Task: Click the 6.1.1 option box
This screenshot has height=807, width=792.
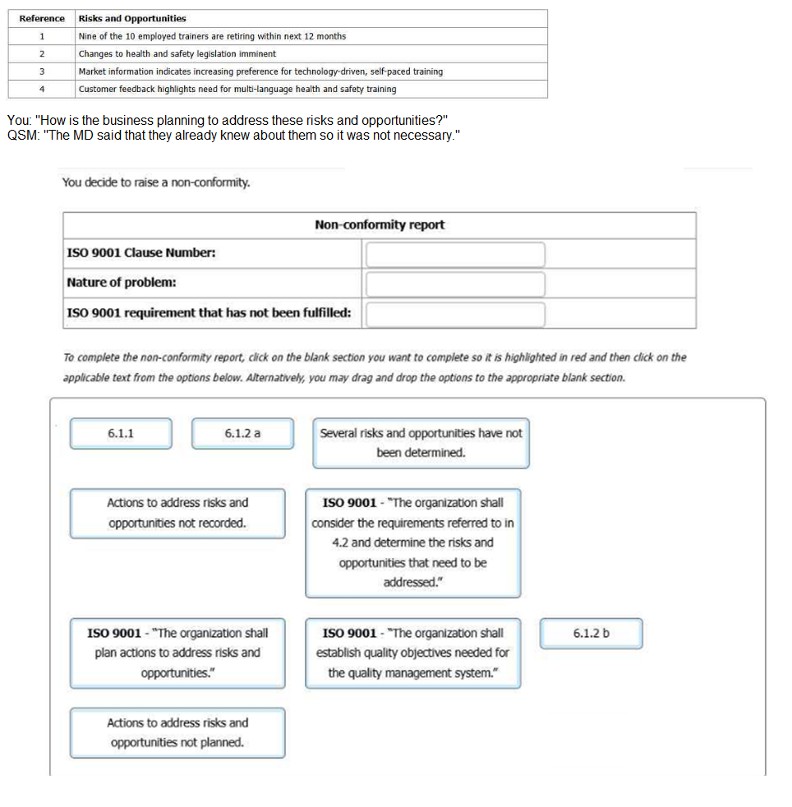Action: (121, 433)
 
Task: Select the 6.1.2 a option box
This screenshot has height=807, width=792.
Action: (242, 433)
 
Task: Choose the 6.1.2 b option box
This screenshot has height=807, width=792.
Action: (592, 634)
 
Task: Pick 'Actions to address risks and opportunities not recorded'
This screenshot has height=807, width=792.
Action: (177, 513)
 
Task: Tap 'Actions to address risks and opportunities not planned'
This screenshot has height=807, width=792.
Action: (177, 732)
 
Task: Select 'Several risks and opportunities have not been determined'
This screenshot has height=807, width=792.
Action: (421, 443)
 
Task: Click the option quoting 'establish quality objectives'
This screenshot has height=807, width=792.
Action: (413, 653)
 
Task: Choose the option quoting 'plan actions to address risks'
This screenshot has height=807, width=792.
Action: (177, 653)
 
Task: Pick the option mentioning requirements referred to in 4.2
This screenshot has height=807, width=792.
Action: (413, 542)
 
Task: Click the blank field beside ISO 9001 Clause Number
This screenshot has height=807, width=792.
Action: (455, 254)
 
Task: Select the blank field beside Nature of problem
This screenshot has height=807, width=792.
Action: (455, 284)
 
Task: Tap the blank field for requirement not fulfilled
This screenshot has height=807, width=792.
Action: (455, 314)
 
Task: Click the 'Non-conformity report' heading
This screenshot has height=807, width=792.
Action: (380, 225)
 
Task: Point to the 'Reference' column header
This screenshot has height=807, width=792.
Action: (42, 18)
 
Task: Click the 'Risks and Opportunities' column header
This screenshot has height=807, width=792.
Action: (132, 18)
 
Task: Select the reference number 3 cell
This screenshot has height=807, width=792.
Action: (42, 71)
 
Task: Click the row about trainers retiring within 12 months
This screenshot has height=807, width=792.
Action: (212, 36)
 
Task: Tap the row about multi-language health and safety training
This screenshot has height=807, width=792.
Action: (237, 89)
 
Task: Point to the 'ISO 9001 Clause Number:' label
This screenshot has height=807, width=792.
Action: (141, 253)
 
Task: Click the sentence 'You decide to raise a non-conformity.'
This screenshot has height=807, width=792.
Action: (156, 182)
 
